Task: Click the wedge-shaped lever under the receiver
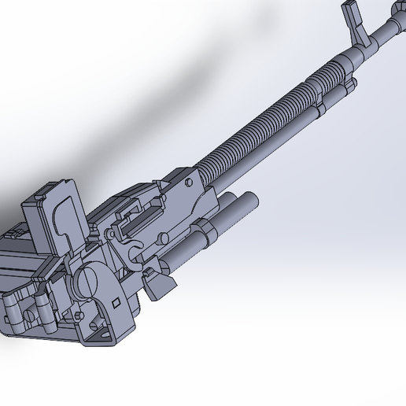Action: pyautogui.click(x=160, y=286)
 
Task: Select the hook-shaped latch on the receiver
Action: pyautogui.click(x=135, y=251)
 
